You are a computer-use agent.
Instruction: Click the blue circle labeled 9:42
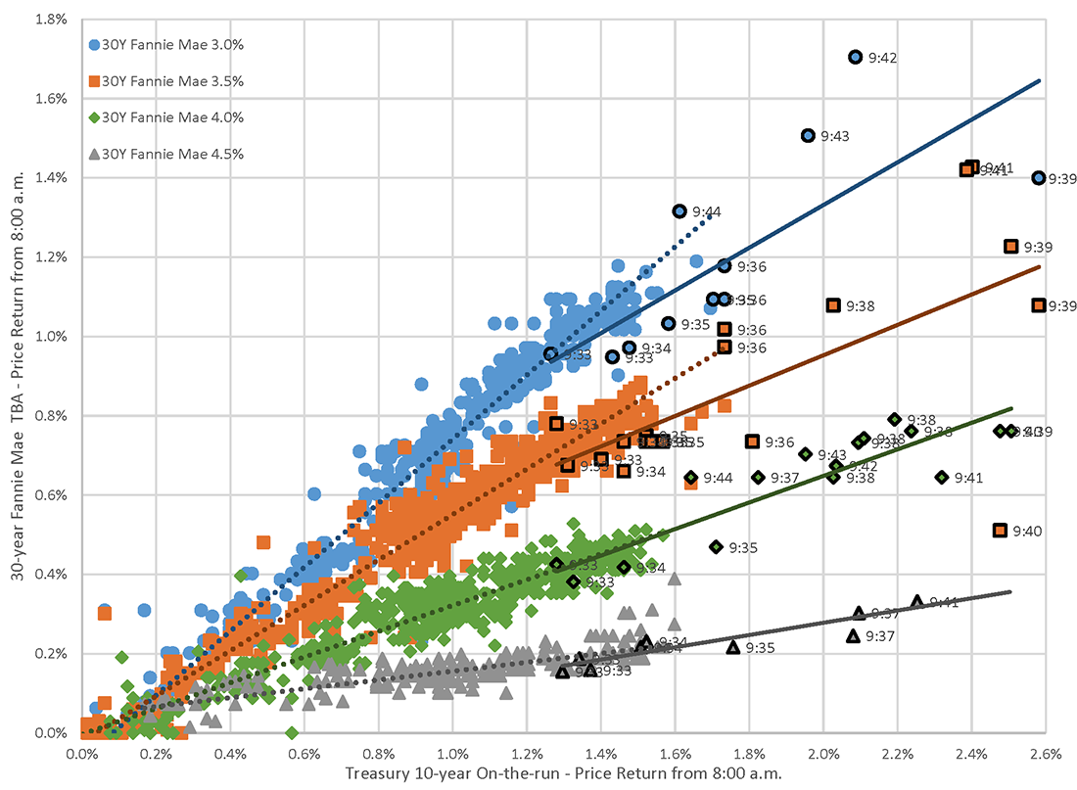click(855, 58)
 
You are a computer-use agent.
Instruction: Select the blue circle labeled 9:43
click(808, 136)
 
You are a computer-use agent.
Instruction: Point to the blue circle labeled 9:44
click(679, 211)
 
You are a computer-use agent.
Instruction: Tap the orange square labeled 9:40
click(1000, 531)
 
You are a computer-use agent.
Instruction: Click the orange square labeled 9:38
click(833, 305)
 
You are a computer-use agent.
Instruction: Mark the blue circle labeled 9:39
click(1038, 178)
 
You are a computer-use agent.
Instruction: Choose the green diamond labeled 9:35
click(716, 547)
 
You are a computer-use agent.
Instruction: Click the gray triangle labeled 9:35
click(733, 647)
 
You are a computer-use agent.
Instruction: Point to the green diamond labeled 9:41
click(942, 478)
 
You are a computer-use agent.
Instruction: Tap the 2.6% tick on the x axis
click(1046, 754)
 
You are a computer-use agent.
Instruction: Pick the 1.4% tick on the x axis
click(601, 754)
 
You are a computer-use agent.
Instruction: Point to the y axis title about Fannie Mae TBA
click(18, 376)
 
